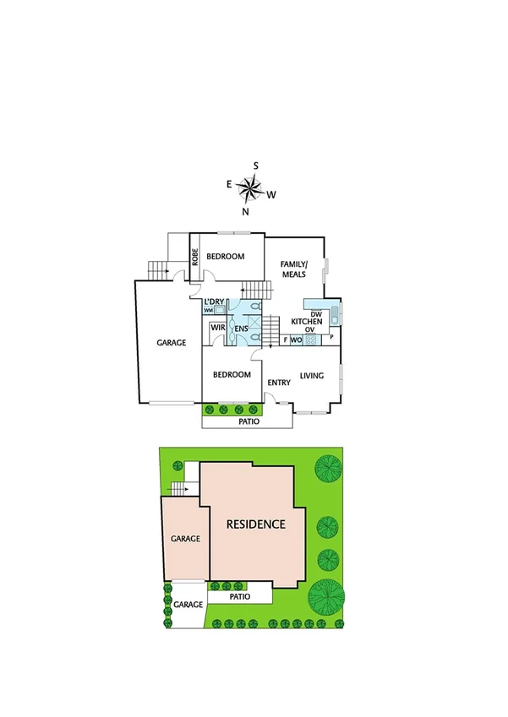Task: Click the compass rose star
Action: coord(249,187)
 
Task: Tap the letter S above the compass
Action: coord(256,166)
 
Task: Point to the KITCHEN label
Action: coord(306,323)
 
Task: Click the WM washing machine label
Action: coord(208,311)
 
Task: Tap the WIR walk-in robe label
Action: coord(216,327)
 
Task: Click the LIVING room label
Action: coord(311,375)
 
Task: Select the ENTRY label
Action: coord(279,383)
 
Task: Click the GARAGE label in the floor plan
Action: coord(171,344)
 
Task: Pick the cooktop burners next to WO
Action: coord(310,339)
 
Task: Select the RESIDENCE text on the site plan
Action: coord(255,524)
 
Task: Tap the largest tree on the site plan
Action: coord(325,596)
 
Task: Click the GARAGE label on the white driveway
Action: coord(188,605)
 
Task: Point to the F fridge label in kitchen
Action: coord(285,339)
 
